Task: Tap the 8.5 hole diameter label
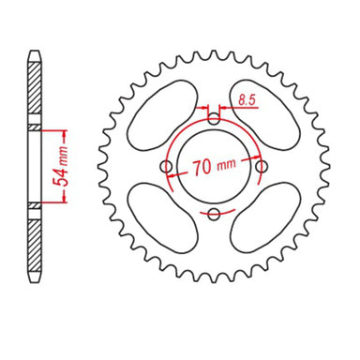[247, 97]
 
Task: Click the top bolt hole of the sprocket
[214, 119]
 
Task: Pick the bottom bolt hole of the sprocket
[214, 215]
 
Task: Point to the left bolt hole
[167, 167]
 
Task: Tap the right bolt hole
[262, 167]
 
